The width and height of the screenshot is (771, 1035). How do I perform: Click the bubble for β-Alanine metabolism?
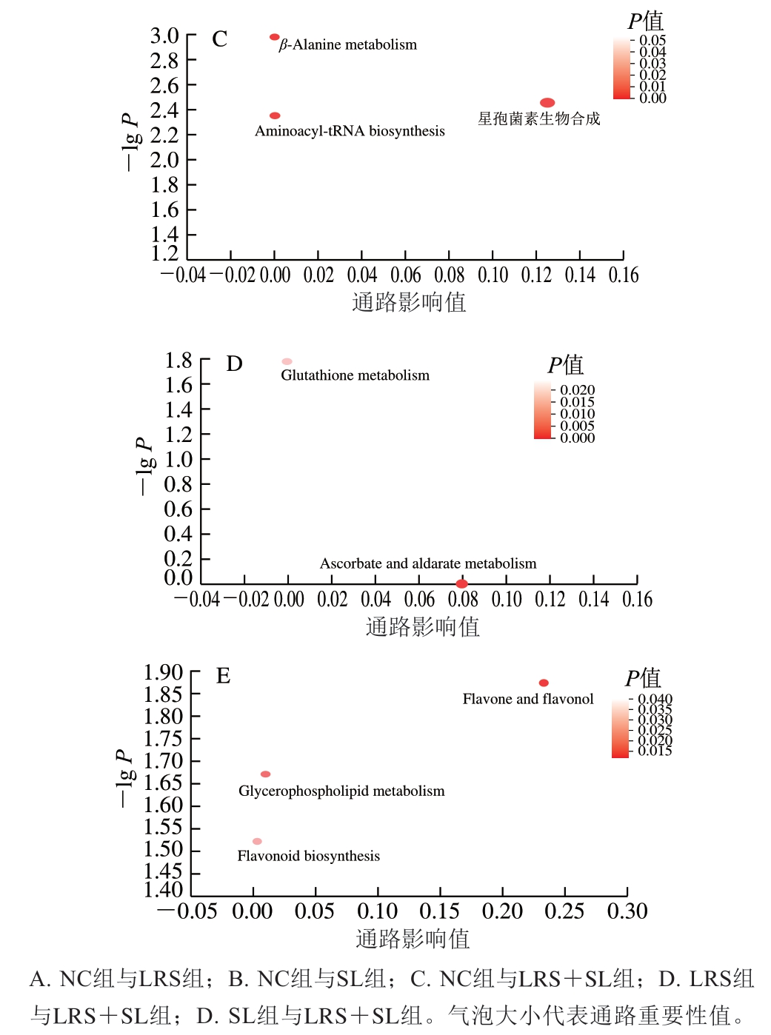(275, 37)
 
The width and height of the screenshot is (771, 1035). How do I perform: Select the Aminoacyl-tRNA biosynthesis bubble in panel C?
(275, 115)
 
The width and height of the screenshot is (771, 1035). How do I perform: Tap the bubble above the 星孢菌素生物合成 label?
(547, 103)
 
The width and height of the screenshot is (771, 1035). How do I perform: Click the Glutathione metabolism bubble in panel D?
(287, 361)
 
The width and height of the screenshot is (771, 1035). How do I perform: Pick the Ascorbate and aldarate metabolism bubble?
(461, 584)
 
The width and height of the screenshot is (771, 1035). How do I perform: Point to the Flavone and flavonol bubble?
(544, 683)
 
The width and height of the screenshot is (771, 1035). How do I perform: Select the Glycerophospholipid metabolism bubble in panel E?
(265, 774)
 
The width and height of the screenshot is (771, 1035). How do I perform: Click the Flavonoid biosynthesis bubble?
(257, 841)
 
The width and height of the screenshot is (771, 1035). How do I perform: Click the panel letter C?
(220, 38)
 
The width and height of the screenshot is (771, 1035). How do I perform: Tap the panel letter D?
(234, 364)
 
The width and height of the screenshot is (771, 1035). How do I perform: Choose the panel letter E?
(223, 675)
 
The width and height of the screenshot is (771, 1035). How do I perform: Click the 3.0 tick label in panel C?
(164, 36)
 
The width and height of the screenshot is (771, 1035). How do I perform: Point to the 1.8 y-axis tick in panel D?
(178, 361)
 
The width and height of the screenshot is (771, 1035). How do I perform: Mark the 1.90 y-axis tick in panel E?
(163, 672)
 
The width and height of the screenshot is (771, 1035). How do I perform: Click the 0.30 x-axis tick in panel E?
(627, 911)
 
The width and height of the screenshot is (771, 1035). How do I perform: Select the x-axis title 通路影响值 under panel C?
(409, 302)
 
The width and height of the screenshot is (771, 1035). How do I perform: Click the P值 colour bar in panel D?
(543, 411)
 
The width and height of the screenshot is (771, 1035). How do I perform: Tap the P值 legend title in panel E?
(642, 677)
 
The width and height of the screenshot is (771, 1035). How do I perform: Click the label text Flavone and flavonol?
(528, 699)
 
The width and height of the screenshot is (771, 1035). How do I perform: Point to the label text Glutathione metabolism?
(355, 375)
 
